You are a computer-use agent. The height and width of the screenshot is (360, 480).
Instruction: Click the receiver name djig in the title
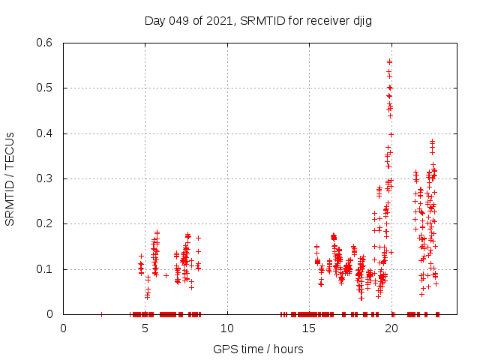point(360,21)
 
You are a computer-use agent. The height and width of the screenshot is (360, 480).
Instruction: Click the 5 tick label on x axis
point(145,328)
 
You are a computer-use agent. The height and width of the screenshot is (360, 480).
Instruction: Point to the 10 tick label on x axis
point(226,328)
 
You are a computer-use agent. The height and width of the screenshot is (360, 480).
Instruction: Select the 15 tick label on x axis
point(309,328)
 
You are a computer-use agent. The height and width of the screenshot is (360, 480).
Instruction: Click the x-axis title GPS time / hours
point(258,349)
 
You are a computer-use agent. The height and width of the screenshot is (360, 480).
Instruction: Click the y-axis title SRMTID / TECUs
point(10,178)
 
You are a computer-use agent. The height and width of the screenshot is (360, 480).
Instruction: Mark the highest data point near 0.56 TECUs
point(389,61)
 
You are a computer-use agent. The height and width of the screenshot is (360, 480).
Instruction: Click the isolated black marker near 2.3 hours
point(101,314)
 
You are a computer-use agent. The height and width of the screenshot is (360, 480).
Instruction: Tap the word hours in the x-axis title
point(288,349)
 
